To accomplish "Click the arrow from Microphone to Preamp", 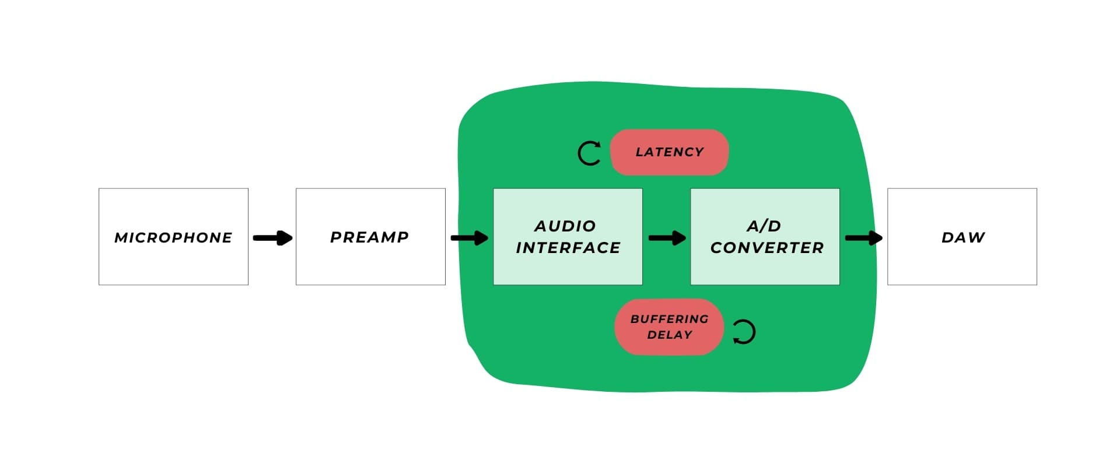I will (x=272, y=238).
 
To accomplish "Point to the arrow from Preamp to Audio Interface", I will (x=469, y=238).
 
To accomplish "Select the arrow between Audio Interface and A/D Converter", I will (x=667, y=238).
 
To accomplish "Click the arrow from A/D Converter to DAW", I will (x=863, y=238).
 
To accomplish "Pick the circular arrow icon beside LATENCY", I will (x=589, y=153).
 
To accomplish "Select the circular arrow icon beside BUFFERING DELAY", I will (x=744, y=332).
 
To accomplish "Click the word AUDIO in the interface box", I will (x=565, y=226).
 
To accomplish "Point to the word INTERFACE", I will (x=568, y=248).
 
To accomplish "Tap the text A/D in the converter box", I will (x=764, y=226).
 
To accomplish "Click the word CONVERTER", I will (x=766, y=248).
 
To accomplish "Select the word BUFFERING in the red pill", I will (x=669, y=319).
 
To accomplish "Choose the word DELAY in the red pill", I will (x=669, y=335).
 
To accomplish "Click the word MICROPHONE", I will (x=173, y=237).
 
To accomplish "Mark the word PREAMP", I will (x=369, y=237).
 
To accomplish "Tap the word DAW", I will (x=963, y=237).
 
